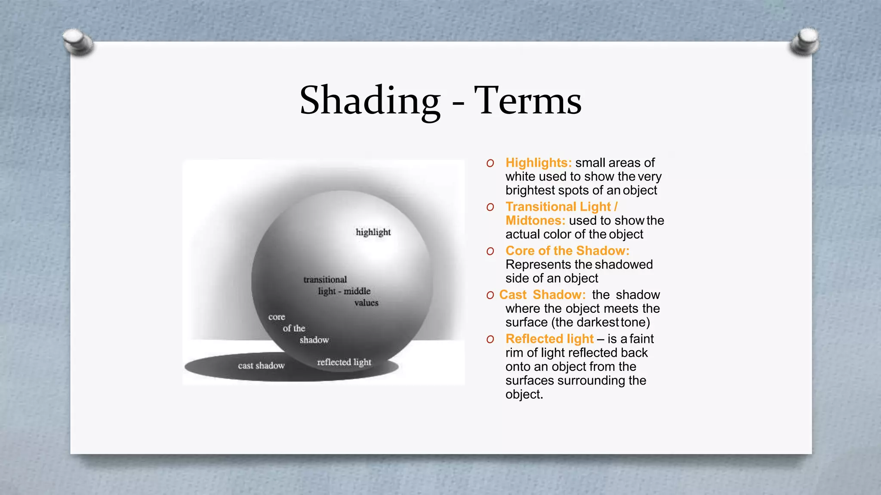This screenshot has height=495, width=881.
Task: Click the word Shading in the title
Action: [x=370, y=101]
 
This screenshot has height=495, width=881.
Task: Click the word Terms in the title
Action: [x=528, y=101]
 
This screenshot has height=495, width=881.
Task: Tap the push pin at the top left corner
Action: [x=78, y=42]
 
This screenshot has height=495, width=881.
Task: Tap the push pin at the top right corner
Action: [x=804, y=42]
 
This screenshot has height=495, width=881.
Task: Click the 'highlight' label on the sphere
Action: [x=373, y=232]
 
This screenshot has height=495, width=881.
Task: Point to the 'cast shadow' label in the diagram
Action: [x=261, y=366]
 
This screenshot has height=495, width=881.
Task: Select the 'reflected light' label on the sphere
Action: [x=344, y=362]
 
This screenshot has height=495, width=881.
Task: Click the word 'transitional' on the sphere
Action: [x=325, y=280]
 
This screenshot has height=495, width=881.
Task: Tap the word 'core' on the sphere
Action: [x=277, y=317]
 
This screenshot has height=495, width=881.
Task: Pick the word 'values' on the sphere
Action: [x=366, y=303]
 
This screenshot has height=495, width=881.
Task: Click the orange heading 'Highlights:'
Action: [x=539, y=163]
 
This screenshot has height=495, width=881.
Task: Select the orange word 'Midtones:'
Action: [x=535, y=220]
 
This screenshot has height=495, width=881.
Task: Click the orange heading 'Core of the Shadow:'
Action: [x=567, y=251]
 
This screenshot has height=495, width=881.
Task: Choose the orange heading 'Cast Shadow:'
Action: [x=542, y=295]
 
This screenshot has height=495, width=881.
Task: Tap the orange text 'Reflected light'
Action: [x=549, y=339]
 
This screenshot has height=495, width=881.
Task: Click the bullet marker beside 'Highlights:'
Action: [x=490, y=163]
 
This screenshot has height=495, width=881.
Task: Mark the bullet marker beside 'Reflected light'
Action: [x=490, y=339]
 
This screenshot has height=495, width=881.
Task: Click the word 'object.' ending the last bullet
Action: [x=524, y=394]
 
